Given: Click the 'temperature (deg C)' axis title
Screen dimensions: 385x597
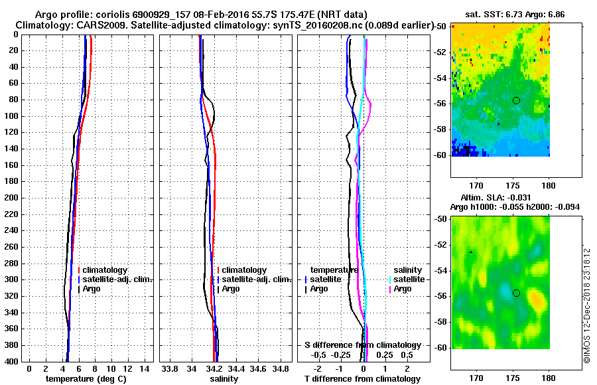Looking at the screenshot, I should coord(86,378).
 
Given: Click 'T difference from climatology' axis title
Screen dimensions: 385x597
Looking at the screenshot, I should coord(362,378).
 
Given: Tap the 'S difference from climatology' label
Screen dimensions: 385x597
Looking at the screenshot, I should coord(362,345).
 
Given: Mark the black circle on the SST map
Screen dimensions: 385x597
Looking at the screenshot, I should coord(516,100).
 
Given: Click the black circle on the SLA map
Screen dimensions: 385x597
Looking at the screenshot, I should coord(516,293).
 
